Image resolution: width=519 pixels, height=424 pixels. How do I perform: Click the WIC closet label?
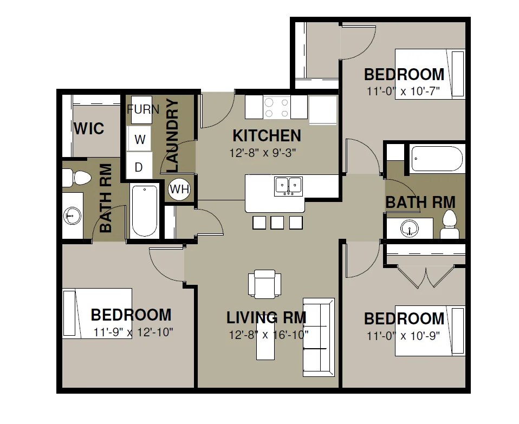point(89,128)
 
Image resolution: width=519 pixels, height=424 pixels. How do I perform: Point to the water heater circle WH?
point(179,190)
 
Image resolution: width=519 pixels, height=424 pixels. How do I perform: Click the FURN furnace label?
point(143,109)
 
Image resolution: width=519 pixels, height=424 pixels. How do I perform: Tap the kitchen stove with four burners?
point(277,107)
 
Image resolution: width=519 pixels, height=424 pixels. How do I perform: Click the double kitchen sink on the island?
point(288,186)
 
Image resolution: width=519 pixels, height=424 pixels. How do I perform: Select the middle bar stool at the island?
point(277,223)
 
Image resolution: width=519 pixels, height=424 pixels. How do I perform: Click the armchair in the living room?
point(264,284)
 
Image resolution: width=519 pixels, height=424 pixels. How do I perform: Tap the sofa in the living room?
point(319,337)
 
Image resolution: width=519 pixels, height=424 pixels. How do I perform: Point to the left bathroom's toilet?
point(77,178)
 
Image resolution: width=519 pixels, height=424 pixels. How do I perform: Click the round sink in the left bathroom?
point(72,216)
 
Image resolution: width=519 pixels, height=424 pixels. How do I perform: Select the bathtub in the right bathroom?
point(436,159)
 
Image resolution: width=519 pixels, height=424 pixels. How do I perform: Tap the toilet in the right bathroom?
point(450,224)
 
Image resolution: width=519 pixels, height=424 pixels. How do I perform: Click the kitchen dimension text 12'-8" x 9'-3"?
point(262,153)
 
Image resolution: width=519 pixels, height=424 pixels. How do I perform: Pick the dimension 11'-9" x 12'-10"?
point(133,332)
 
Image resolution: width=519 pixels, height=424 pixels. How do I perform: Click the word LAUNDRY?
point(172,135)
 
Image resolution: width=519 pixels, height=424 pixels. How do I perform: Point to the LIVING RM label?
point(266,318)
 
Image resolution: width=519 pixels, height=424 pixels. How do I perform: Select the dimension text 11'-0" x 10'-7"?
point(403,91)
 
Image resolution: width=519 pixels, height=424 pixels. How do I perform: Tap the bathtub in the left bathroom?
point(144,211)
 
